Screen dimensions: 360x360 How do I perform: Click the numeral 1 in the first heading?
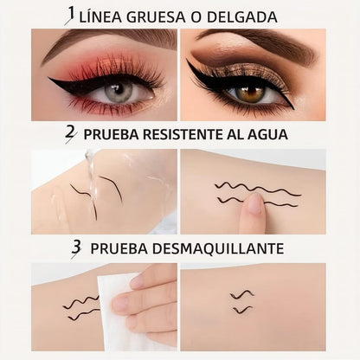(x=71, y=15)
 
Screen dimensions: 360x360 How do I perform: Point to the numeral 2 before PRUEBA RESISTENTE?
(x=69, y=132)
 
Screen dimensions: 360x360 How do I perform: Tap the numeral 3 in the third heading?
(x=76, y=248)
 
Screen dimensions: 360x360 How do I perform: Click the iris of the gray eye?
(x=119, y=90)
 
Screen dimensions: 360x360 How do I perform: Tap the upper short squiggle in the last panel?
(x=241, y=295)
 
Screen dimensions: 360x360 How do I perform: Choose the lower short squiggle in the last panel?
(x=241, y=309)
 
